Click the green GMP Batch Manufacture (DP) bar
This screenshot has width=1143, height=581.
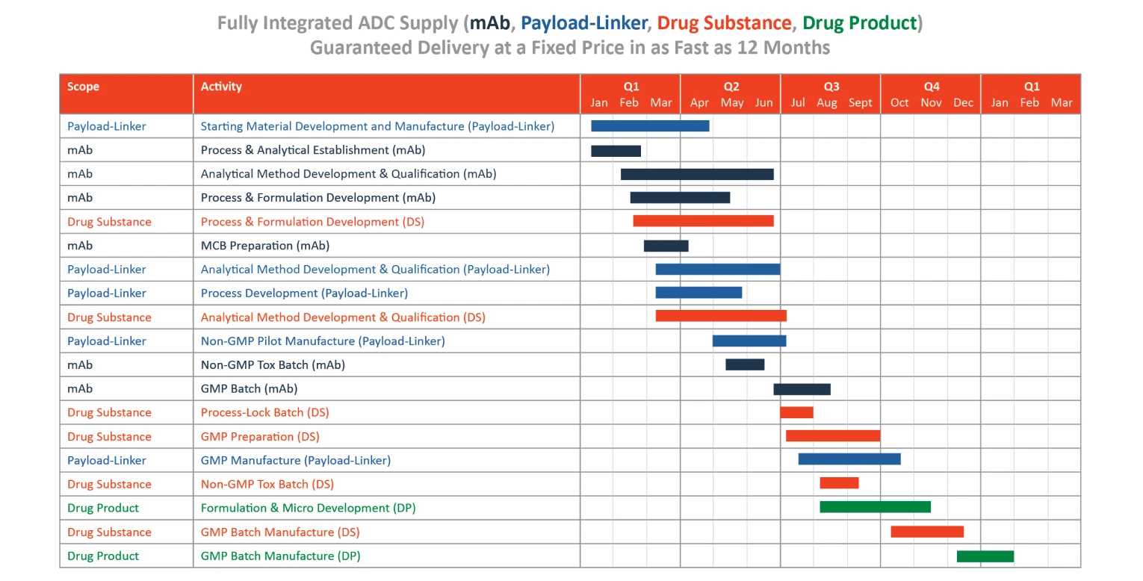tap(985, 556)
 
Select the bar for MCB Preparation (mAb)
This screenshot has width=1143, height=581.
tap(666, 246)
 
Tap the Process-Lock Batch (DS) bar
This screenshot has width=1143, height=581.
tap(796, 412)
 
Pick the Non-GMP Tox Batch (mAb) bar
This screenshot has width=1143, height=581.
tap(745, 364)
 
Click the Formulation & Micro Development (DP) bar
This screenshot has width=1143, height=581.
tap(875, 507)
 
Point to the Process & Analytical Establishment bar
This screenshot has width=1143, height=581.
tap(616, 151)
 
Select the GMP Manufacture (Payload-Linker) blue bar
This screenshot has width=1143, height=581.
tap(849, 459)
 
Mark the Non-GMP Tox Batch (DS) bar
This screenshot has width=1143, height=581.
tap(840, 482)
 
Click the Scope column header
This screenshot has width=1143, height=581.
tap(83, 86)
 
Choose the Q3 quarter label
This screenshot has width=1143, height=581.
tap(831, 86)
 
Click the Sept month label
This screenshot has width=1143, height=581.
tap(861, 102)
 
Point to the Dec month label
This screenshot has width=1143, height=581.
tap(964, 102)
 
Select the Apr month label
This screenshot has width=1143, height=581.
tap(699, 102)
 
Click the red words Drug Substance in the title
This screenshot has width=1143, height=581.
tap(724, 23)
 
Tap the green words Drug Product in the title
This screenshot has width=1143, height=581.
tap(860, 23)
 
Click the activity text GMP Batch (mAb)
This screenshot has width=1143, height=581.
tap(249, 388)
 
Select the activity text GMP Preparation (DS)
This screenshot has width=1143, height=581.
tap(260, 437)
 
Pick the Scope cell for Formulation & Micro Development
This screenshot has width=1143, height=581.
tap(103, 508)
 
